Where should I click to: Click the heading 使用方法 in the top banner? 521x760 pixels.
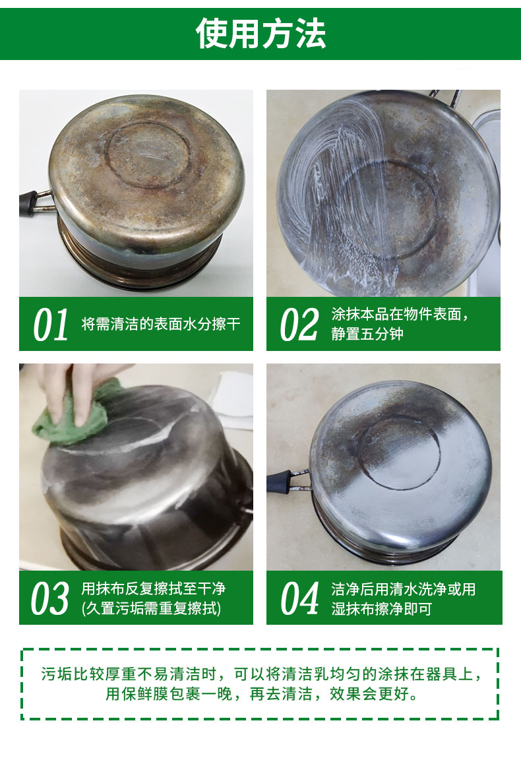pos(260,34)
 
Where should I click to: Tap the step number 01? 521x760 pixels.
pos(50,325)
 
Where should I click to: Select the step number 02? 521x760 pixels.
pos(299,325)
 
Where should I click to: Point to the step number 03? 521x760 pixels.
pos(50,598)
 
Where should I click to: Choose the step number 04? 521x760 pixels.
pos(299,598)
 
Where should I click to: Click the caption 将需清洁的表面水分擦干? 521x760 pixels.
pos(161,324)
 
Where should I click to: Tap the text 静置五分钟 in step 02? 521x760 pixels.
pos(367,334)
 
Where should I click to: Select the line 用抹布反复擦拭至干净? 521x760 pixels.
pos(153,588)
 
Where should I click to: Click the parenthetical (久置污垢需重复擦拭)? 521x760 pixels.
pos(151,608)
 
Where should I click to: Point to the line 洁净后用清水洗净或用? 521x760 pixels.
pos(403,589)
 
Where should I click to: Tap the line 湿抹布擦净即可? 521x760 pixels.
pos(381,609)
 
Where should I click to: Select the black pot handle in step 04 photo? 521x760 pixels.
pos(280,482)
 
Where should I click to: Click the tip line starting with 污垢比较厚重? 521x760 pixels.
pos(262,674)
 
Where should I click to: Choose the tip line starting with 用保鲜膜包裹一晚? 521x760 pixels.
pos(262,693)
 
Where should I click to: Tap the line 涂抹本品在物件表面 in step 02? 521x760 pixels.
pos(400,314)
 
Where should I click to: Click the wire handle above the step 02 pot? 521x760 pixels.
pos(445,98)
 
